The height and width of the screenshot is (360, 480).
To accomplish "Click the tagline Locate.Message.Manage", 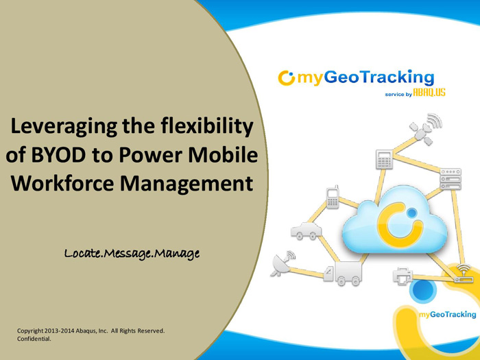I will pos(132,254).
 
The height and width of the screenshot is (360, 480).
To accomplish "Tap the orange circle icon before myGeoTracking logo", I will pos(286,77).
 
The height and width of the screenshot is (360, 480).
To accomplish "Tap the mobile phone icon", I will pos(333,197).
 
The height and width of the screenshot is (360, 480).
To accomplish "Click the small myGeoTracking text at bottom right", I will pos(448,314).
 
